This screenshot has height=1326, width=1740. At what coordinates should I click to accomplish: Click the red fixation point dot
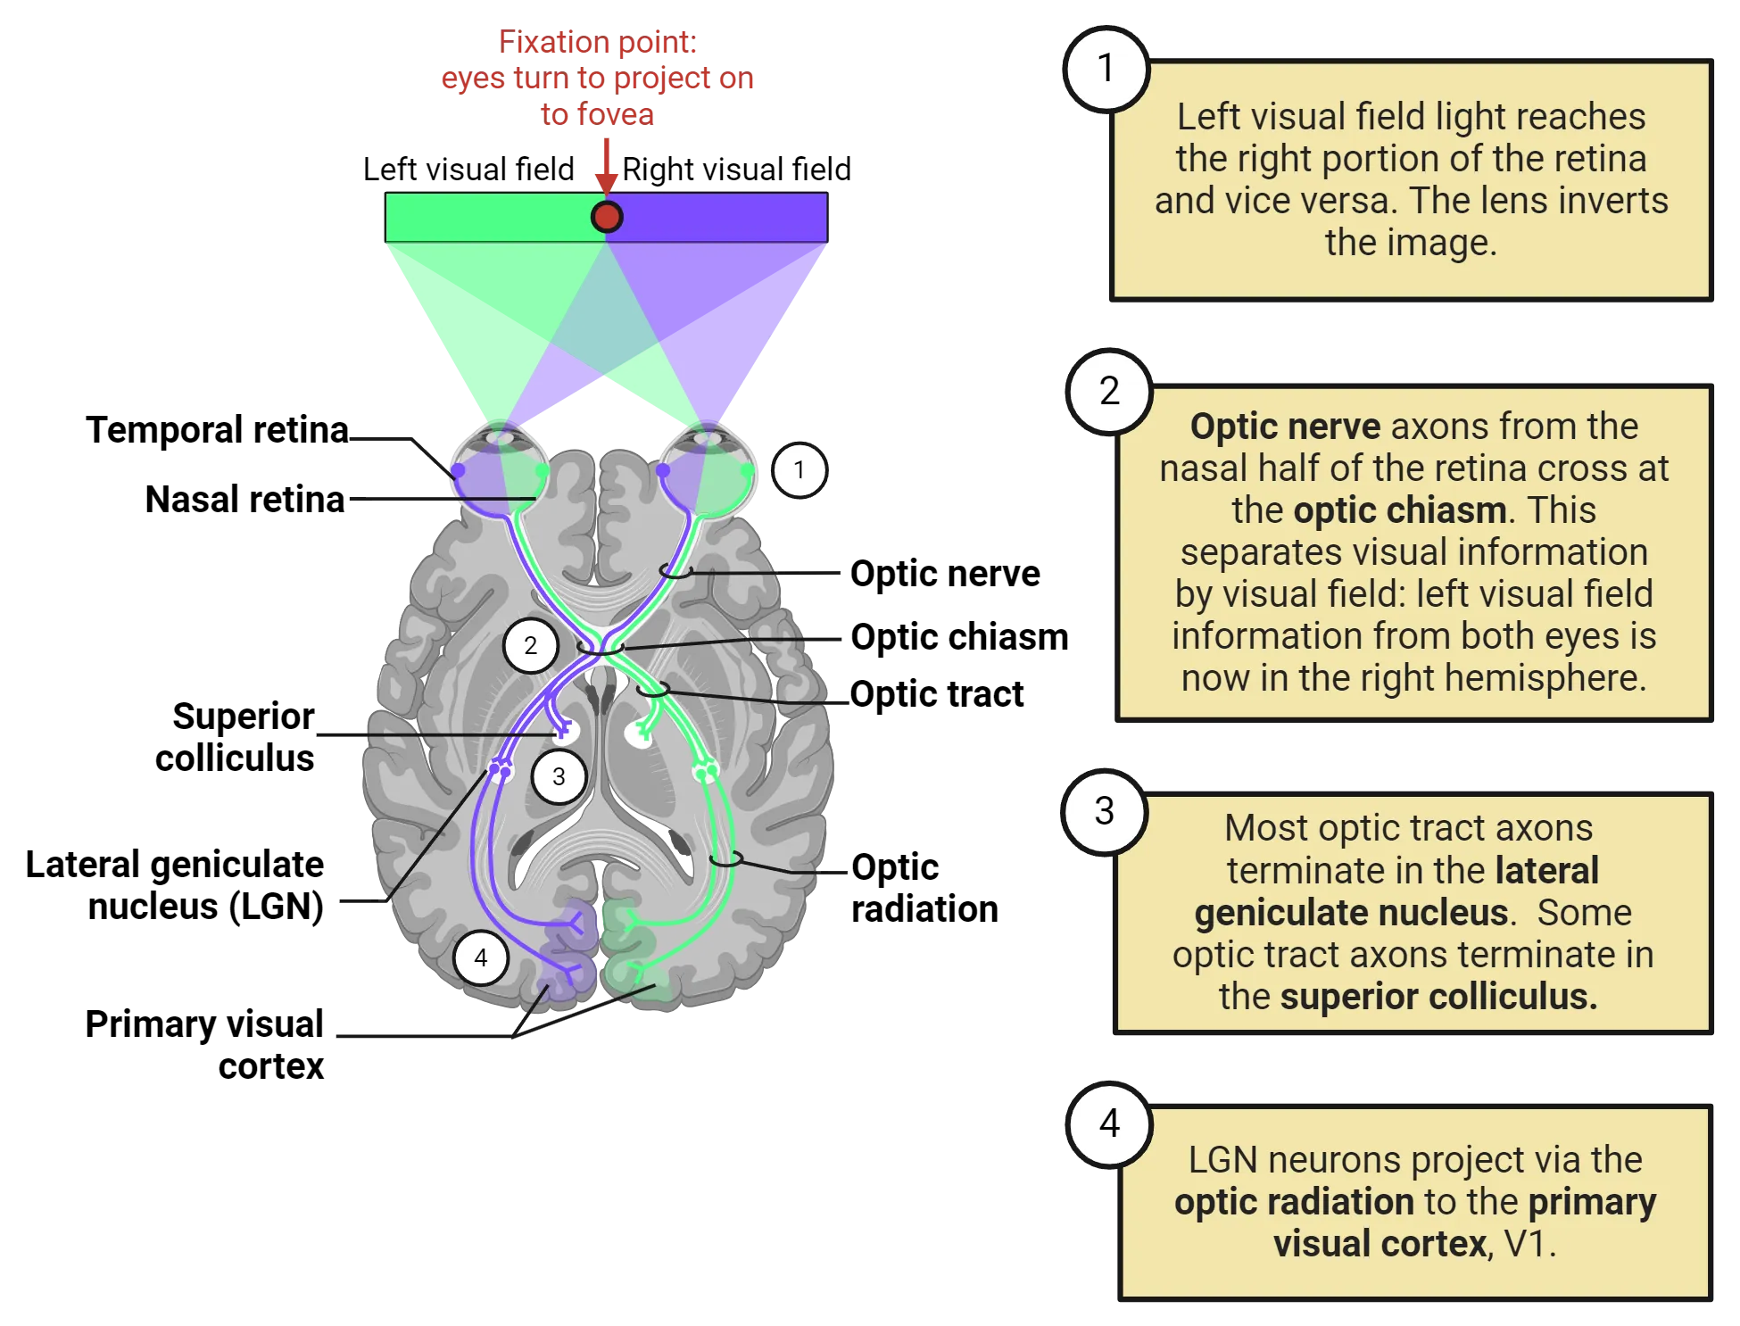(x=607, y=217)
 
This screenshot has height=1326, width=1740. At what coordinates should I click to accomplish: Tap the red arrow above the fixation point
(x=607, y=165)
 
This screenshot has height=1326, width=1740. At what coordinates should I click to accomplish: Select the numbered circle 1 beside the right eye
(x=799, y=470)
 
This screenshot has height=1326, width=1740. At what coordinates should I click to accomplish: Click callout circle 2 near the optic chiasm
(x=531, y=645)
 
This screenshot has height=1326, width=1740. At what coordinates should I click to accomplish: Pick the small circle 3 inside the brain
(x=559, y=776)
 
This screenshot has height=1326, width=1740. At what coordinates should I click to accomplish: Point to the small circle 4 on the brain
(x=481, y=957)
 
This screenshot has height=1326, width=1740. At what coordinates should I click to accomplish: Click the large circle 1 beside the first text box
(x=1106, y=69)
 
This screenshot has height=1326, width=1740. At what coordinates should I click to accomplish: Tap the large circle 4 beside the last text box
(x=1109, y=1123)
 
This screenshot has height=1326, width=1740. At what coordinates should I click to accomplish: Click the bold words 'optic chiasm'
(x=1400, y=510)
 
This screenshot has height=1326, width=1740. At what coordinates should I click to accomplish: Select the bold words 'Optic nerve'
(x=1285, y=427)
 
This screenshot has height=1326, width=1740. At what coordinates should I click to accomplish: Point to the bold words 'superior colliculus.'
(x=1438, y=997)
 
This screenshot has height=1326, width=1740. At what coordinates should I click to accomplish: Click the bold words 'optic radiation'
(x=1294, y=1202)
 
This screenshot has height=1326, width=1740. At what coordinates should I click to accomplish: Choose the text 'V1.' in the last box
(x=1529, y=1244)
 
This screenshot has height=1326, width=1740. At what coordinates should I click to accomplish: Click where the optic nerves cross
(x=601, y=645)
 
